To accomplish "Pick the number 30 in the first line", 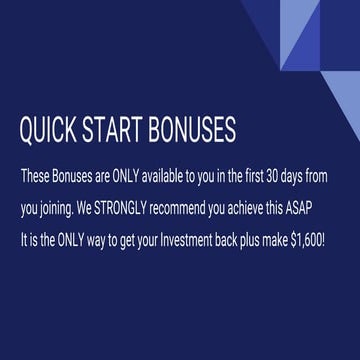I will pyautogui.click(x=269, y=175).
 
